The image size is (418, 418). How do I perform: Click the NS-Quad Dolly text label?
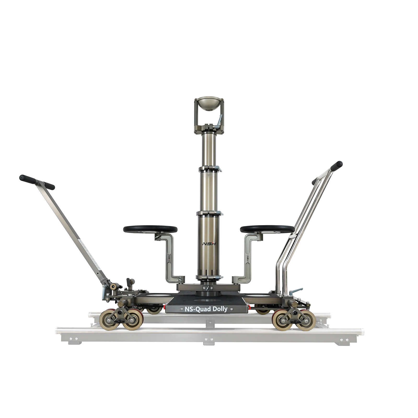[206, 309]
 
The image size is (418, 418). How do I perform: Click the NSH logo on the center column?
[208, 244]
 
